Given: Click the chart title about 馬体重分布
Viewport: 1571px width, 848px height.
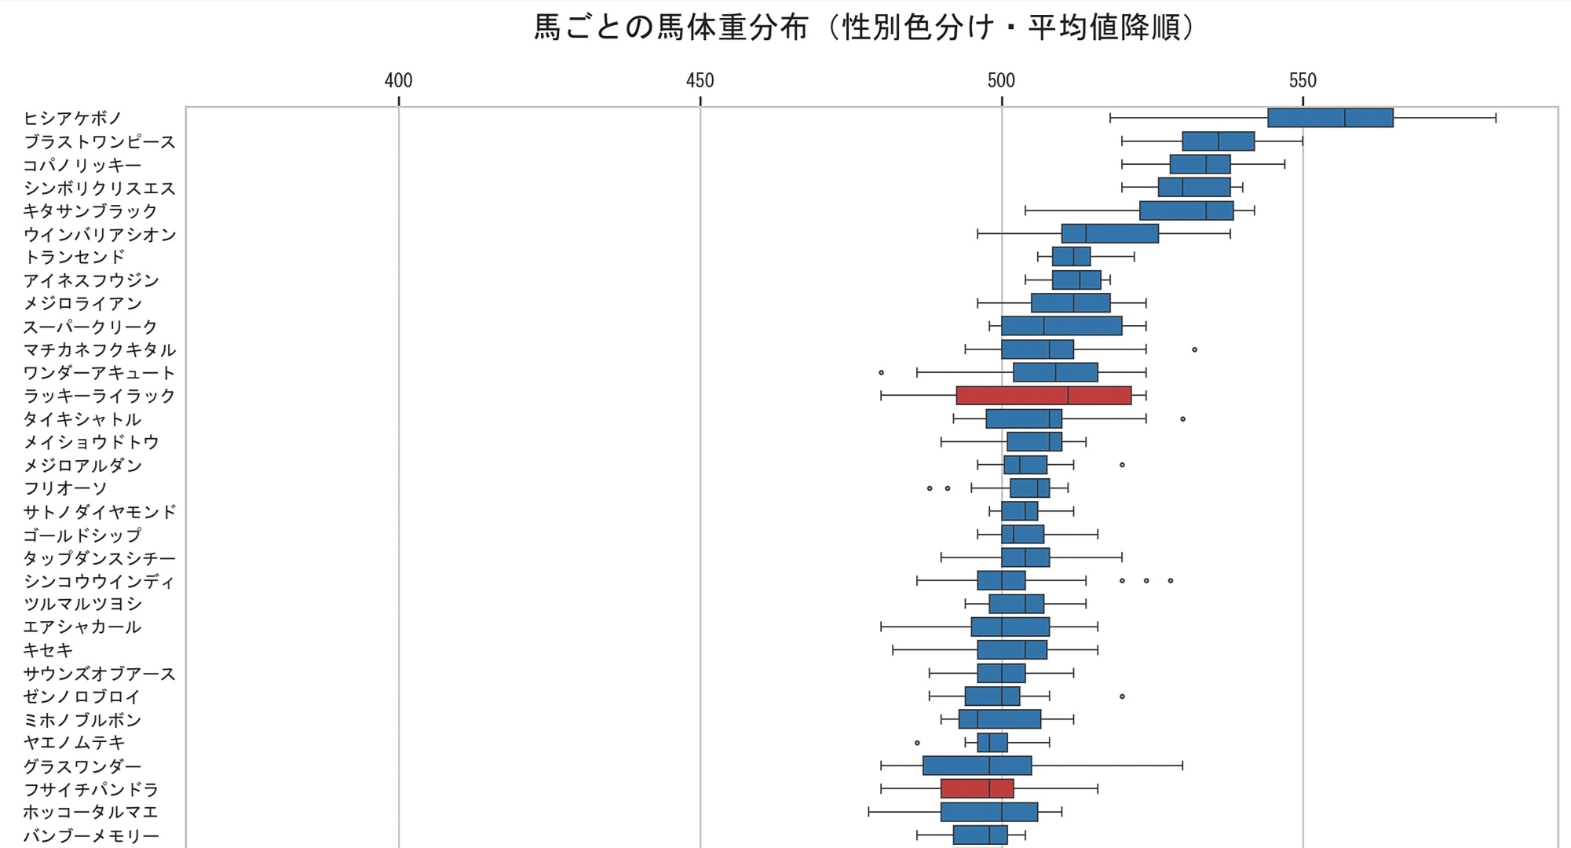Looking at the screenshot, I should (864, 28).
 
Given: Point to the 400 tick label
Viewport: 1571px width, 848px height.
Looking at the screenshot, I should (399, 81).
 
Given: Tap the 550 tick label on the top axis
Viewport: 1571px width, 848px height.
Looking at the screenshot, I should (1302, 81).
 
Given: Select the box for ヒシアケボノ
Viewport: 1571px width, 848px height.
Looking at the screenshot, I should (1330, 118).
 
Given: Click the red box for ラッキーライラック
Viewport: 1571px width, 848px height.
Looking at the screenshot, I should (1043, 396).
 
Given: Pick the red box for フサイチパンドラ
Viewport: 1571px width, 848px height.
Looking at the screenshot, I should (977, 788).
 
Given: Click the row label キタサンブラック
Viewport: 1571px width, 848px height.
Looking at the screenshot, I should (91, 211).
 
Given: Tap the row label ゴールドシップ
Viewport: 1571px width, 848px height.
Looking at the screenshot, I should (82, 535).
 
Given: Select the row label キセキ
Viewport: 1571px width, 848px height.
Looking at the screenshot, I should (48, 650).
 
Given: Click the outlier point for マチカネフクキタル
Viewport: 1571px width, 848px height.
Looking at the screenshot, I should (1195, 349).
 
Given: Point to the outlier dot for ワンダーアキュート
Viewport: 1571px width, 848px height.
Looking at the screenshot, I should (881, 372).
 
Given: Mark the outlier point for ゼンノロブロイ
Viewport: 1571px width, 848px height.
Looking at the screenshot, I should (1122, 696).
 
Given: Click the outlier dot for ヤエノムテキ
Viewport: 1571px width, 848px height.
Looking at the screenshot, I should (917, 742).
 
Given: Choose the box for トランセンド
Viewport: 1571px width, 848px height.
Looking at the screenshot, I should (1071, 257).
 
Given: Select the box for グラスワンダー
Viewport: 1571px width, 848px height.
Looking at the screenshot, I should (977, 766).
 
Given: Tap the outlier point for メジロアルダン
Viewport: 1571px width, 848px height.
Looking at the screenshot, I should (1122, 465).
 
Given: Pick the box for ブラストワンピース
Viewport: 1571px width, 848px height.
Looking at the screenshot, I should (1218, 141).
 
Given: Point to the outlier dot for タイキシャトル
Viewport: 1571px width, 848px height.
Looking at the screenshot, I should (1182, 419).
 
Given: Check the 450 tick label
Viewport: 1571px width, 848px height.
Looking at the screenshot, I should (700, 81).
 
